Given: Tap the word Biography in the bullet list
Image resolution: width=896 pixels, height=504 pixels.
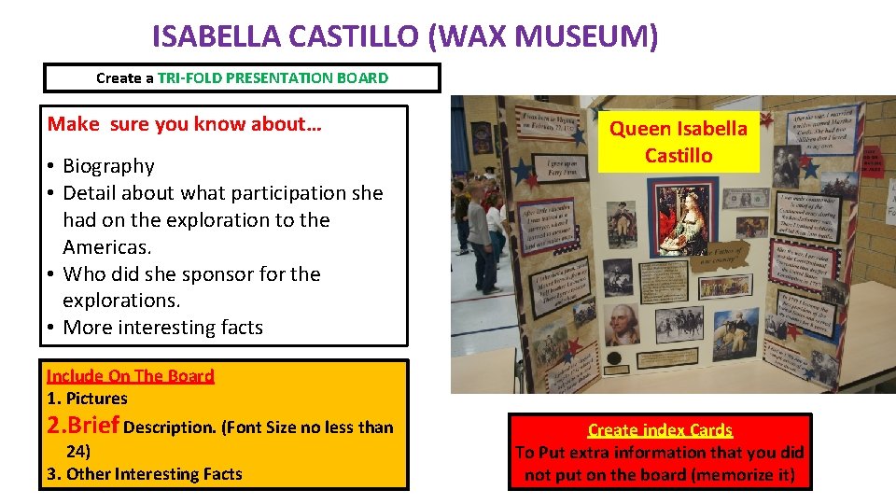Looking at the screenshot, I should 108,166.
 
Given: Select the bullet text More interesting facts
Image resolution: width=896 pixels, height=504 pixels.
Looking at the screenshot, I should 162,328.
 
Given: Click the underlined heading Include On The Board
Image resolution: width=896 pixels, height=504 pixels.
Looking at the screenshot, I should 131,376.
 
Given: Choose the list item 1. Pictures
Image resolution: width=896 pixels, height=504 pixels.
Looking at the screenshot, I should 87,399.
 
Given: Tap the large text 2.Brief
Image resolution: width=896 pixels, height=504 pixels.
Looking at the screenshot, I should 83,426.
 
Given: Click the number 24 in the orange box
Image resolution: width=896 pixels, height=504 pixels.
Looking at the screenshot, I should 77,451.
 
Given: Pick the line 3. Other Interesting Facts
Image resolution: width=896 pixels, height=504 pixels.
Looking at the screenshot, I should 144,474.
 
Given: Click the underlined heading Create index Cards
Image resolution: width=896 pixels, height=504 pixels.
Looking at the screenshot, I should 660,430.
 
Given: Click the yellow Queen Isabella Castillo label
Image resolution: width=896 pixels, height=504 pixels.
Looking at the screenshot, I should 679,142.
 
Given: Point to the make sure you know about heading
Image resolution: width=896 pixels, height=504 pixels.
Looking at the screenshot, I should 185,124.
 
